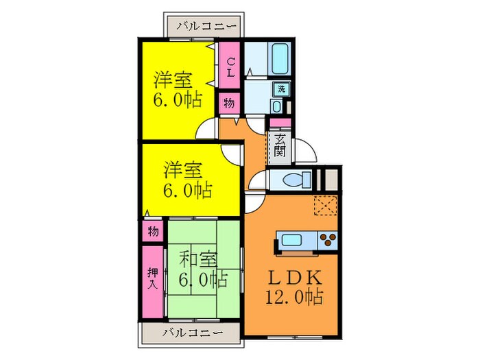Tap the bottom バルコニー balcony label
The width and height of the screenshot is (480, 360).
193,333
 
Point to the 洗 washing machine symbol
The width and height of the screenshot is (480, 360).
280,88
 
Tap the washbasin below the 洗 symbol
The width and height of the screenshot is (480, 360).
276,106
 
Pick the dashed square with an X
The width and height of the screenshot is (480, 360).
324,205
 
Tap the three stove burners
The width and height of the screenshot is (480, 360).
328,241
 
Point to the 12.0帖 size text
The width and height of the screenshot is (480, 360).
296,298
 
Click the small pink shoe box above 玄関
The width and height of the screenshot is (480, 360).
280,123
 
